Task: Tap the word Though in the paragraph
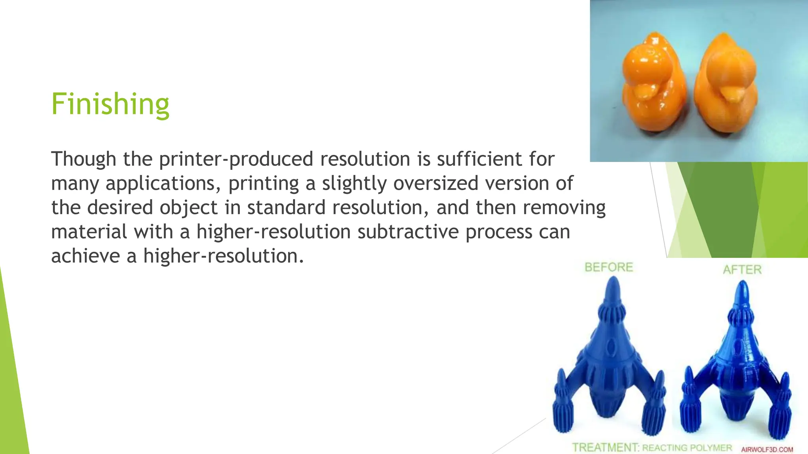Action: (x=83, y=159)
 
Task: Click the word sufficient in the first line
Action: (x=479, y=159)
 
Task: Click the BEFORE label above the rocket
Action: (x=608, y=268)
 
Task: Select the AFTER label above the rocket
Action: (x=742, y=270)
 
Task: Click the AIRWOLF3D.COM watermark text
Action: (x=767, y=450)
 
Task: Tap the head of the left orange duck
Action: (x=647, y=63)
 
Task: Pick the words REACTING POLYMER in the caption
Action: (x=687, y=448)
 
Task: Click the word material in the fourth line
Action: (x=89, y=232)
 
